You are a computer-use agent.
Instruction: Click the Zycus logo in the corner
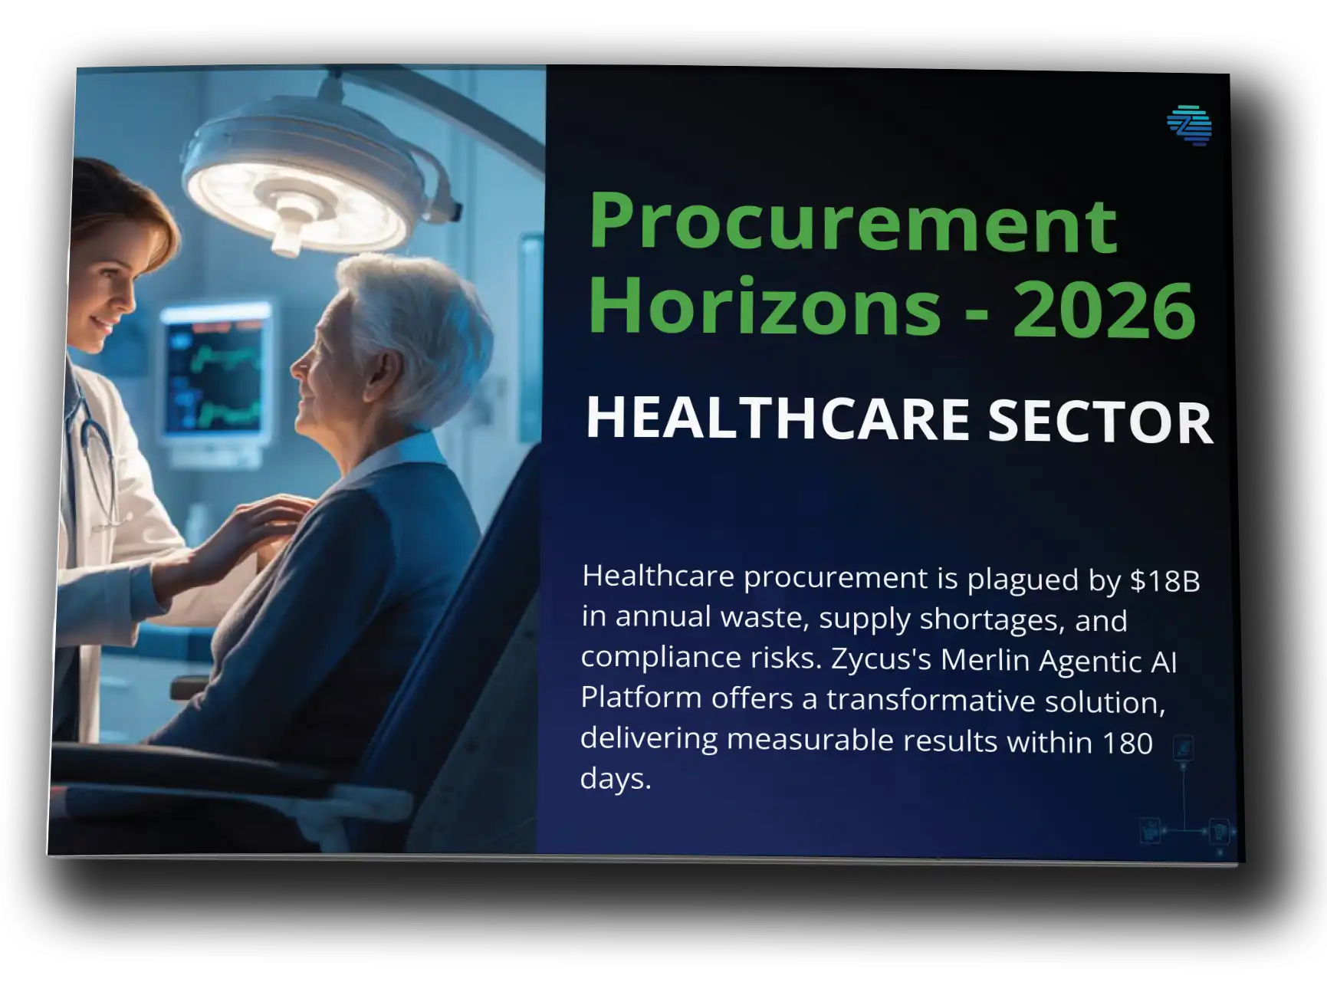tap(1189, 125)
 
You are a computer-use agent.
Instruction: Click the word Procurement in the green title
tap(852, 224)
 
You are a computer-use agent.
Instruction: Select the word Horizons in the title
tap(764, 307)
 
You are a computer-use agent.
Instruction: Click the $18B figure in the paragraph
tap(1164, 582)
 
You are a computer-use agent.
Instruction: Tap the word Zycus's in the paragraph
tap(878, 659)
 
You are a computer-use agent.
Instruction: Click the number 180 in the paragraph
tap(1126, 743)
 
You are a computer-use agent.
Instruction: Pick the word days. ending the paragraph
tap(615, 779)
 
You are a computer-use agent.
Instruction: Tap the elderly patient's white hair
tap(414, 314)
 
